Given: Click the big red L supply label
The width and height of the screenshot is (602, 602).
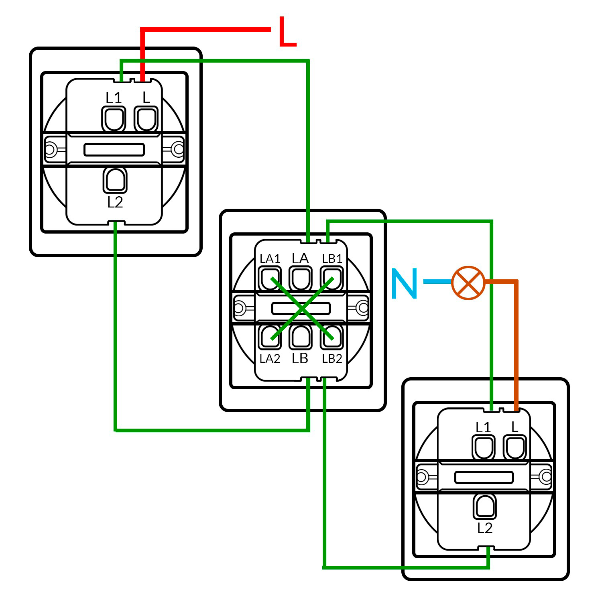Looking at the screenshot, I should coord(287,32).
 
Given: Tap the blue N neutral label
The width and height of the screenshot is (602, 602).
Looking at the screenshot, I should coord(404,283).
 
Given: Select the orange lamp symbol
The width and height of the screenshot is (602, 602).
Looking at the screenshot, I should coord(468,283).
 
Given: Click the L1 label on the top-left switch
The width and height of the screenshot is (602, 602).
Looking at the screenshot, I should coord(114,98).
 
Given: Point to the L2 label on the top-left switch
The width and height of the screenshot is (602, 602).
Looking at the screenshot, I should coord(115,202).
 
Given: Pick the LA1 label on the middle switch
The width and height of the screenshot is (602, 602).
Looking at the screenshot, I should coord(270,259).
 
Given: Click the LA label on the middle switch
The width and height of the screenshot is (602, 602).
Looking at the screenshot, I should coord(300,258).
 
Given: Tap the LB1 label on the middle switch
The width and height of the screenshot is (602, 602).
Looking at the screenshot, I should coord(332,259).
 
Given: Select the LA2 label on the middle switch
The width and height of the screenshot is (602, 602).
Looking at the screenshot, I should coord(270,358).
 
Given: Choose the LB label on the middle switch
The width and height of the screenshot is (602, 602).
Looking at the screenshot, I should coord(300,358).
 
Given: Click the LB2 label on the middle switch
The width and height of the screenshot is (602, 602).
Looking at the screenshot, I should coord(332,358).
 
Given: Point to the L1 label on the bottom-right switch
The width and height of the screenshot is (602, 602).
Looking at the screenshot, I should coord(483,427).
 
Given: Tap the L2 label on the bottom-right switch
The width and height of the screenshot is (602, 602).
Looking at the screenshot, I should coord(485,528).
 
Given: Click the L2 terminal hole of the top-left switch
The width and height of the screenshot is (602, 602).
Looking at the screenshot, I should coord(115,180).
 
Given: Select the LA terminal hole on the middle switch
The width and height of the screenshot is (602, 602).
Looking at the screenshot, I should coord(301,278).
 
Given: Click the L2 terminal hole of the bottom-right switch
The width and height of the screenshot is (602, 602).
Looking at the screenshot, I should coord(485,506).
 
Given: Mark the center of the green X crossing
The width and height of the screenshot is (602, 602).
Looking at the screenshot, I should coord(302,308).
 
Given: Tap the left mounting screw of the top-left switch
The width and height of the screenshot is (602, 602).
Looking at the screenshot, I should coord(49,150).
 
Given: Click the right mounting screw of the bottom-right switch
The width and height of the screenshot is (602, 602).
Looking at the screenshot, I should coord(545,477).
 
